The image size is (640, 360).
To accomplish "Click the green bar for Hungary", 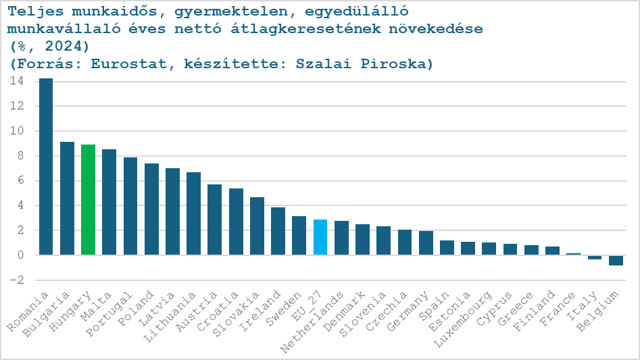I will pyautogui.click(x=88, y=199).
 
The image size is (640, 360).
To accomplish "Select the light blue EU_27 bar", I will pyautogui.click(x=320, y=237).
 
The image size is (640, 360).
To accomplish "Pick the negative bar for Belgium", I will pyautogui.click(x=616, y=260).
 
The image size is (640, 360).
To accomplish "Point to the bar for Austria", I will pyautogui.click(x=214, y=220).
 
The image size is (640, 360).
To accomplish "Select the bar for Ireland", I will pyautogui.click(x=278, y=231).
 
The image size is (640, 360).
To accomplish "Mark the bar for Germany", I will pyautogui.click(x=426, y=242).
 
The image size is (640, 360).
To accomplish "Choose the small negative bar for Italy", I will pyautogui.click(x=595, y=257).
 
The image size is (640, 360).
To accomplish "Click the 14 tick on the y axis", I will pyautogui.click(x=17, y=81).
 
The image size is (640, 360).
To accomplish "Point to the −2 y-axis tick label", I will pyautogui.click(x=17, y=280).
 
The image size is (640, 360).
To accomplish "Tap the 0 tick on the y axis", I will pyautogui.click(x=21, y=255).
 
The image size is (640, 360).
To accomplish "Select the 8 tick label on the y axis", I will pyautogui.click(x=21, y=156).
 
